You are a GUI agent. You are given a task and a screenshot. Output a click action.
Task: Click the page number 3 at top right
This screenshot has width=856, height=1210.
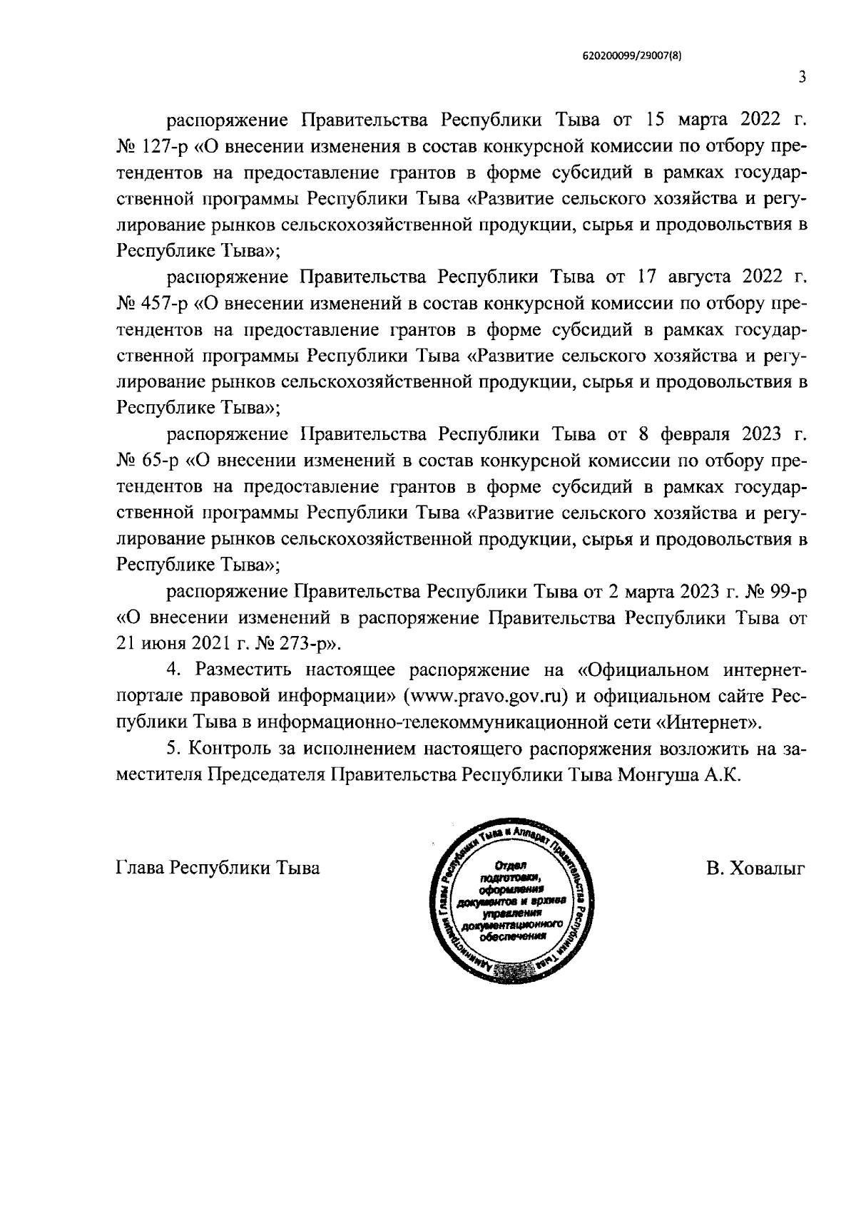[x=802, y=77]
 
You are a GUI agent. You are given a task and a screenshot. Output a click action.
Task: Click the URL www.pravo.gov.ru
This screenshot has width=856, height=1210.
[x=485, y=696]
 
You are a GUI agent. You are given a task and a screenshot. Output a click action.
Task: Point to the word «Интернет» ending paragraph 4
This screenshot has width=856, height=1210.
[x=707, y=722]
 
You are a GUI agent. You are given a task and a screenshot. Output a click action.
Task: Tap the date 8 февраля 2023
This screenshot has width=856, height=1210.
[x=702, y=434]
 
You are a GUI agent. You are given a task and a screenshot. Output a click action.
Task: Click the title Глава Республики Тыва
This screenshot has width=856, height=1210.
[x=217, y=868]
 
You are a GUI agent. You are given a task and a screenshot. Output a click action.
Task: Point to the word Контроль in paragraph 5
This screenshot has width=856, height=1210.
[x=232, y=749]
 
